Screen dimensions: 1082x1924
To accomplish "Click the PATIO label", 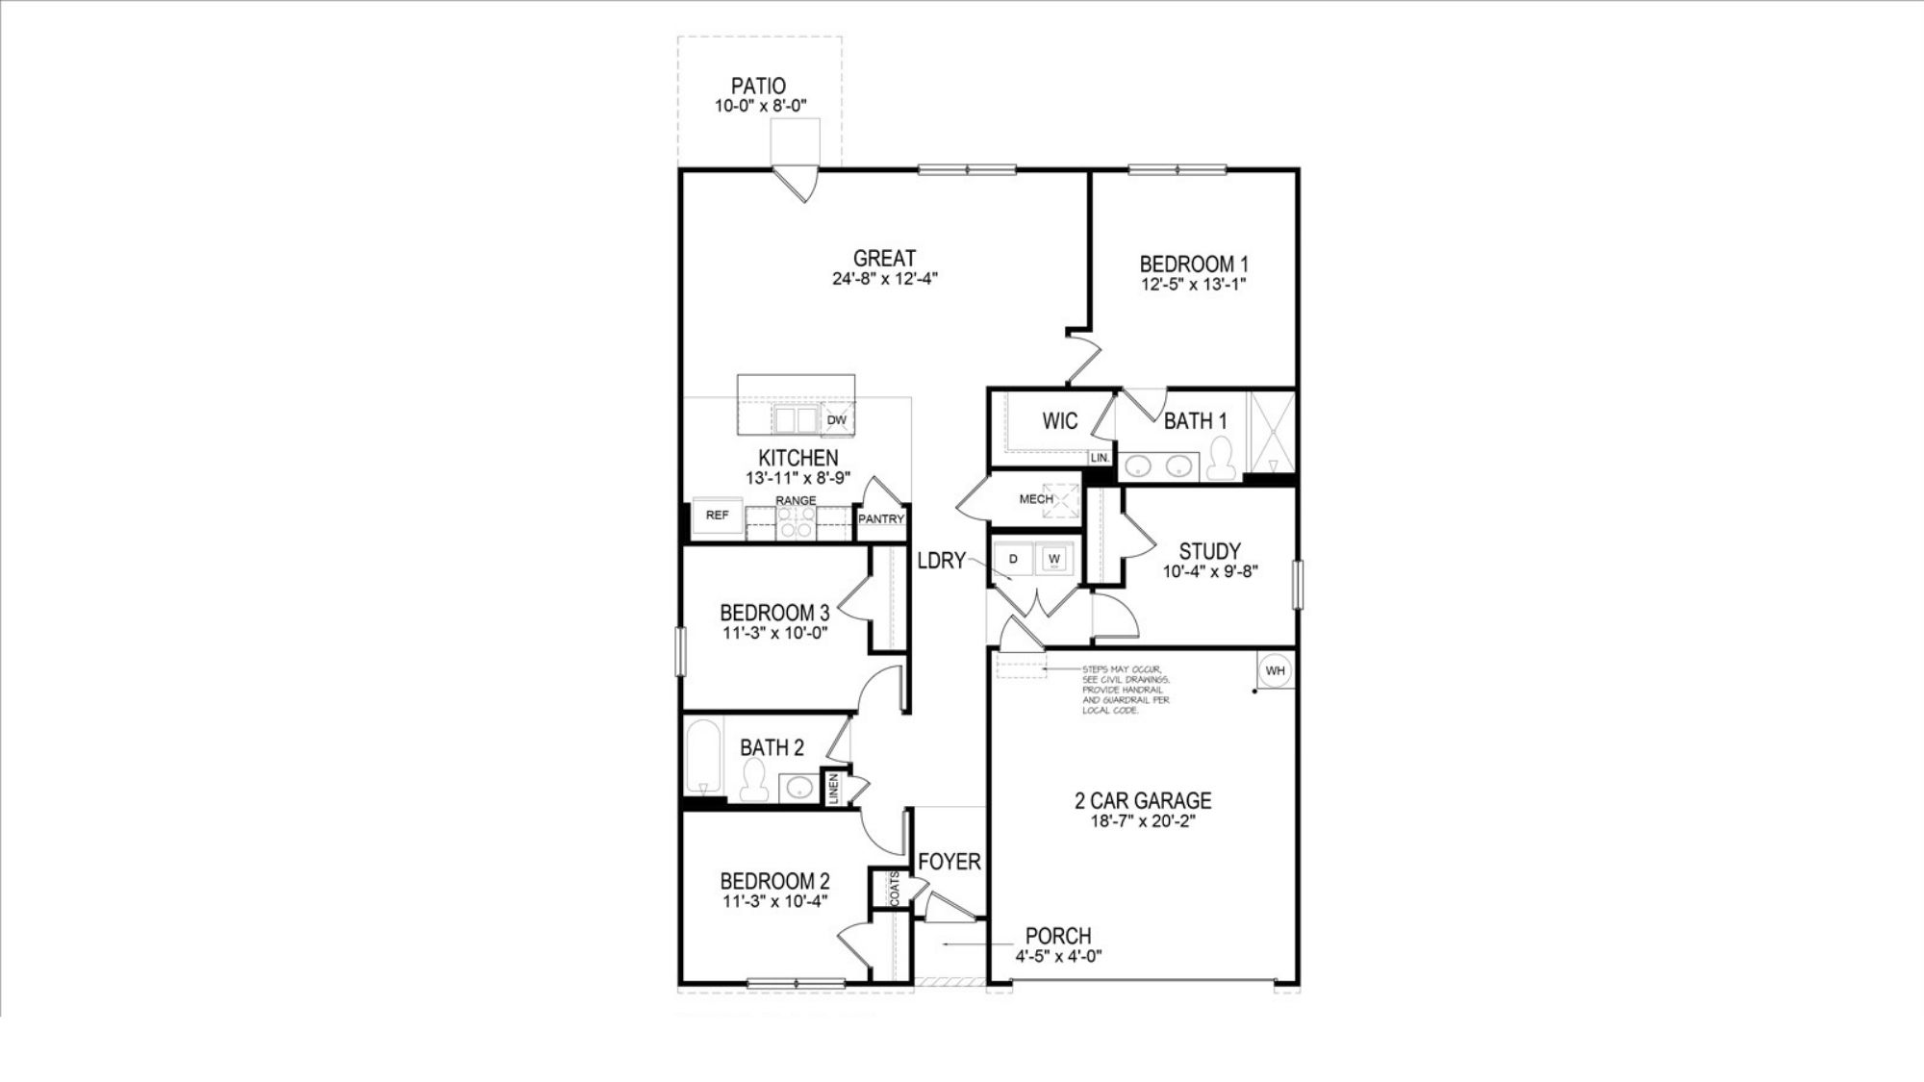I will (x=758, y=86).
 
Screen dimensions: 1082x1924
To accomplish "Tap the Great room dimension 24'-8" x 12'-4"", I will (x=885, y=280).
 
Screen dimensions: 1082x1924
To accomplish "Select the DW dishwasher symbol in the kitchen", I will (x=837, y=420).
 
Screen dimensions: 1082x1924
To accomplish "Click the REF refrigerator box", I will (x=718, y=516).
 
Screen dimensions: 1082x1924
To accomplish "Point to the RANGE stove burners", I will (x=797, y=521).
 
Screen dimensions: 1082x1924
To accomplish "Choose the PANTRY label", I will (x=881, y=519).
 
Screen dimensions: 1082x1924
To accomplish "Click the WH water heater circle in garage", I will (x=1275, y=670).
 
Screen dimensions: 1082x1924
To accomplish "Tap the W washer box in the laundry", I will (x=1054, y=559).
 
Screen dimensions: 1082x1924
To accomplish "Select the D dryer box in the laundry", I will (x=1014, y=559).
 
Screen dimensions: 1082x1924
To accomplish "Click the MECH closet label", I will (x=1036, y=499).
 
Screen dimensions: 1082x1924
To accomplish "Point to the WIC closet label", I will (x=1060, y=421).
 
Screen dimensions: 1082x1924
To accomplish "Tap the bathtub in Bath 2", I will (x=704, y=757).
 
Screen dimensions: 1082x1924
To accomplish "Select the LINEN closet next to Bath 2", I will (x=834, y=789).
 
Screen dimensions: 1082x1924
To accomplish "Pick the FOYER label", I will (x=949, y=862).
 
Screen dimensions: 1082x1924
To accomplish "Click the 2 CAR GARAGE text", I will (x=1142, y=800).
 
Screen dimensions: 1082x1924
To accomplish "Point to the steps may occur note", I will (x=1122, y=690).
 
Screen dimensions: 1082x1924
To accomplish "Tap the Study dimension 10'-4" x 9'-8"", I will (x=1210, y=571).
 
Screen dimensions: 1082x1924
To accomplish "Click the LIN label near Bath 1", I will (x=1100, y=458).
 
